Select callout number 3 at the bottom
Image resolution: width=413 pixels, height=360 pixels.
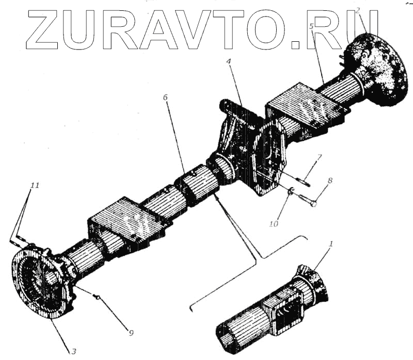point(73,351)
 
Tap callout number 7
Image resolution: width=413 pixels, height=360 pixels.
point(319,157)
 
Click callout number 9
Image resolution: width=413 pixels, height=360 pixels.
point(131,333)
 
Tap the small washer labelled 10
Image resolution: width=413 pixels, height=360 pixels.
point(291,192)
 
